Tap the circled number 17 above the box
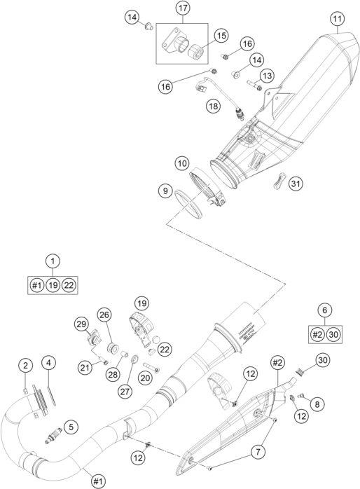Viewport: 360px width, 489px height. pos(183,9)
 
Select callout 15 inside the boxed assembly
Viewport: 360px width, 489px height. pos(221,35)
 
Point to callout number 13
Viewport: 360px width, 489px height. pos(266,75)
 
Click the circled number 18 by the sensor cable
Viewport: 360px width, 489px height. pos(213,105)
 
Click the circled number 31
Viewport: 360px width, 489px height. pos(296,184)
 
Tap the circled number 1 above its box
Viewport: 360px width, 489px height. pos(53,261)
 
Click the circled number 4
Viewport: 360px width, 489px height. pos(48,363)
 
